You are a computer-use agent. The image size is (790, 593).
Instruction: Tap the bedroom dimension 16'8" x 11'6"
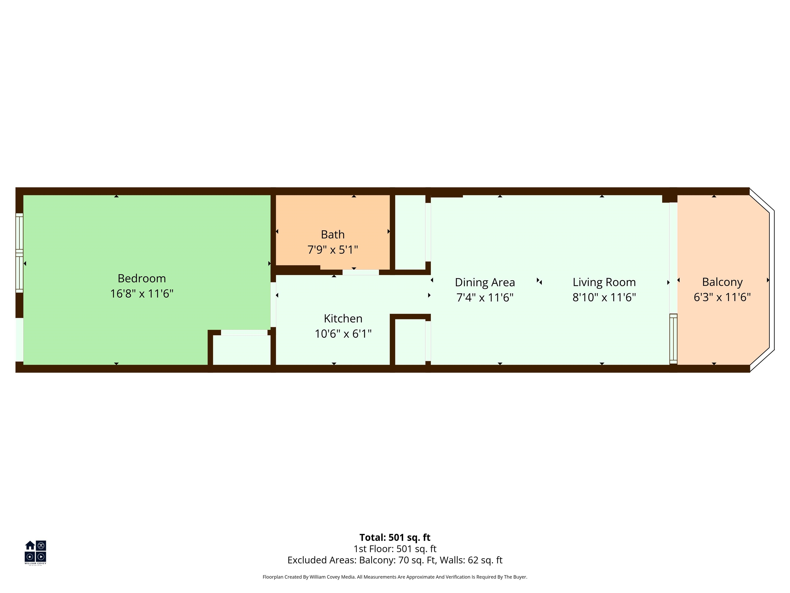click(142, 293)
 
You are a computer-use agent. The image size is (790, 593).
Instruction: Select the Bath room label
click(333, 234)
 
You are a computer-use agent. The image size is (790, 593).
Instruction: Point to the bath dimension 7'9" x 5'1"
click(333, 249)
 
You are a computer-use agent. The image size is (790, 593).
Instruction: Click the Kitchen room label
click(343, 318)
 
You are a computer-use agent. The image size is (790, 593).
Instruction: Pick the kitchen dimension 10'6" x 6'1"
click(343, 334)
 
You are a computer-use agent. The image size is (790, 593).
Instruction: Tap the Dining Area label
click(485, 282)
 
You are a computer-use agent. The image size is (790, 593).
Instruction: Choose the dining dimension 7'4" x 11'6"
click(485, 297)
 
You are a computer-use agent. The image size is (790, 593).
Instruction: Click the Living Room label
click(604, 282)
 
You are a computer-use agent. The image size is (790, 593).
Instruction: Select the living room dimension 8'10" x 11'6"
click(604, 297)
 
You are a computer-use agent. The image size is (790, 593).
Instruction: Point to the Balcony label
click(722, 282)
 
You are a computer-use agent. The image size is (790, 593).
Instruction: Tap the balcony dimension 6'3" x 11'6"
click(722, 297)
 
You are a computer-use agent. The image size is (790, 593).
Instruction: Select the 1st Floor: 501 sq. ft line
click(395, 549)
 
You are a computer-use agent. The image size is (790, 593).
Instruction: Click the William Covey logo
click(35, 552)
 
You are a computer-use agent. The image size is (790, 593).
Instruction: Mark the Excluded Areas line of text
click(395, 560)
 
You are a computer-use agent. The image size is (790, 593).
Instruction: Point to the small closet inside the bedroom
click(242, 350)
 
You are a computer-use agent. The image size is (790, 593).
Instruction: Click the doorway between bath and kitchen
click(361, 272)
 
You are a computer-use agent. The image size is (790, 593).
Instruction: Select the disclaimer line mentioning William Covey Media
click(395, 577)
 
